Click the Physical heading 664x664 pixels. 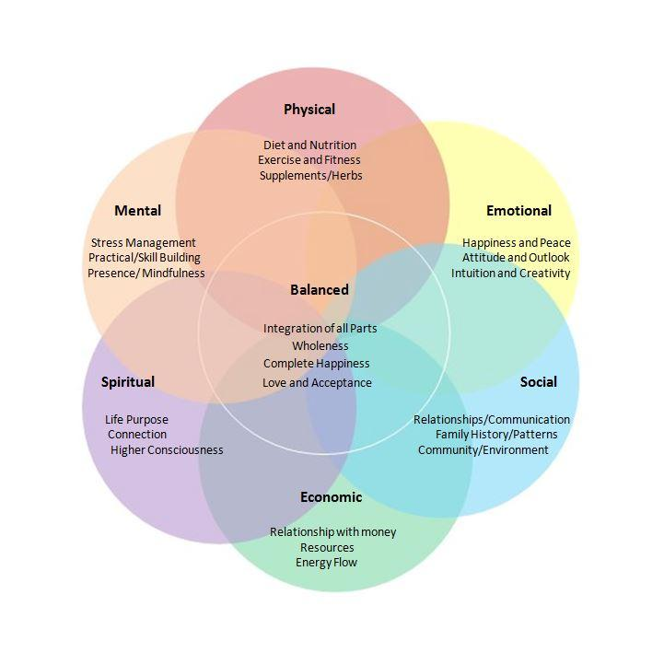coord(309,110)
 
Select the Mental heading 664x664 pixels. coord(138,211)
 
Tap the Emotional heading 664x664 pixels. coord(518,211)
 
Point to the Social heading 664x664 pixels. coord(538,382)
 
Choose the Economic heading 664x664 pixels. coord(331,497)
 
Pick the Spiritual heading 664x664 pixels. coord(128,382)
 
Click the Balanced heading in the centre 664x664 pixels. coord(320,290)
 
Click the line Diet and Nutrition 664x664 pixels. coord(309,146)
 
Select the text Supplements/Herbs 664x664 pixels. coord(310,175)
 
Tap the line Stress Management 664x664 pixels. coord(144,243)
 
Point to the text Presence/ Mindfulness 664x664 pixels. coord(146,273)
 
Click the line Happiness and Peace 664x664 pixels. coord(516,243)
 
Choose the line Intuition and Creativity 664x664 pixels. coord(510,273)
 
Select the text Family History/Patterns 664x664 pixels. coord(496,435)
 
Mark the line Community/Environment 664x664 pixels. coord(483,450)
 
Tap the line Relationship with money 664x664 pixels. coord(327,532)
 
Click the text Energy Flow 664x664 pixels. coord(326,562)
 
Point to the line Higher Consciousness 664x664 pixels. coord(167,450)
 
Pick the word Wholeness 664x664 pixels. coord(320,346)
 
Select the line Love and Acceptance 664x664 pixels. coord(317,383)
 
